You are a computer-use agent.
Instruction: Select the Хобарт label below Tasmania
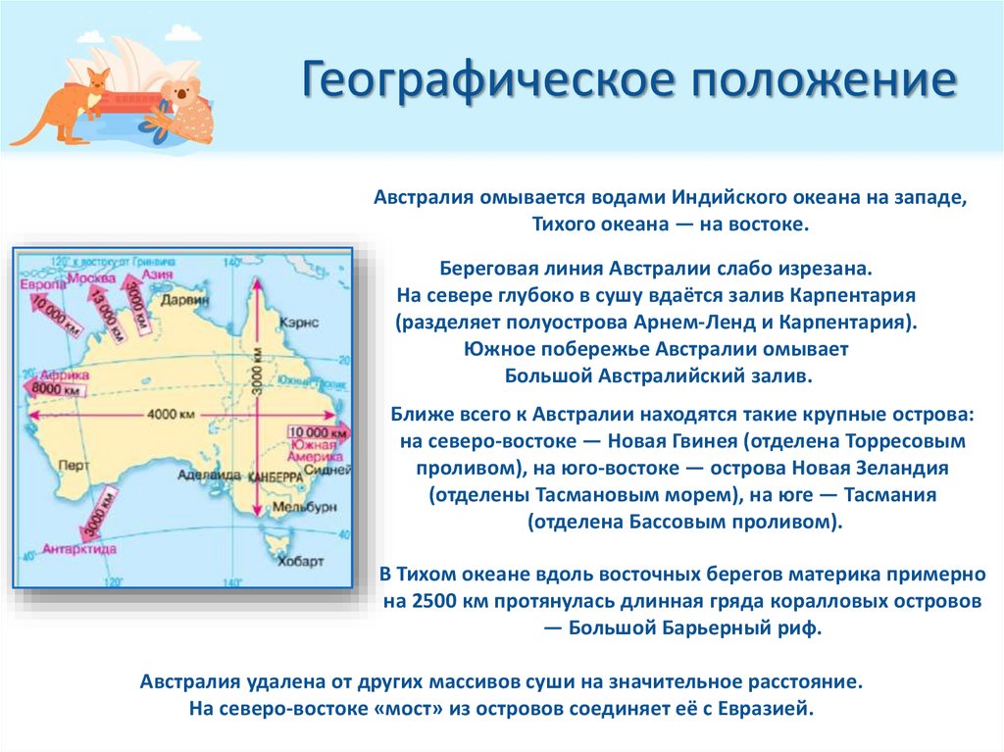tap(300, 562)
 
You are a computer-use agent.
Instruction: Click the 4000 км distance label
tap(163, 415)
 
